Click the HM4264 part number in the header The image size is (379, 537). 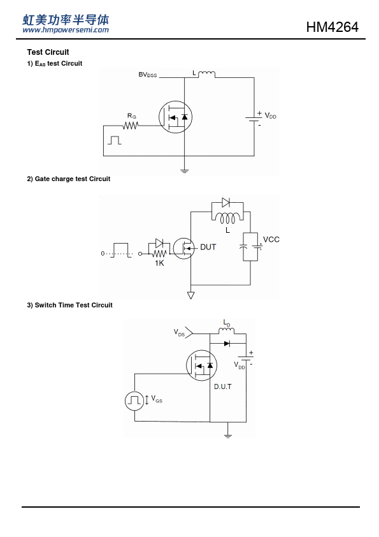pyautogui.click(x=332, y=27)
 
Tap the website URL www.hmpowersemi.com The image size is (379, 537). pyautogui.click(x=66, y=30)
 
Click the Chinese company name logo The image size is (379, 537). pyautogui.click(x=66, y=20)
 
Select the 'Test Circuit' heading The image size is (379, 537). pyautogui.click(x=48, y=52)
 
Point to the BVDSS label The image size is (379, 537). pyautogui.click(x=147, y=75)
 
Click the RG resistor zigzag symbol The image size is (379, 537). pyautogui.click(x=131, y=126)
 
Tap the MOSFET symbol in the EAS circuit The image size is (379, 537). pyautogui.click(x=175, y=117)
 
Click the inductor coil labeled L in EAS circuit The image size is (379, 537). pyautogui.click(x=206, y=73)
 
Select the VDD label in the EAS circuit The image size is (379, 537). pyautogui.click(x=271, y=116)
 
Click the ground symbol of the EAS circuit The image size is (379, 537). pyautogui.click(x=184, y=170)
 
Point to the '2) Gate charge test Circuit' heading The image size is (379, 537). pyautogui.click(x=68, y=179)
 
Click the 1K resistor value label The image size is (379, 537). pyautogui.click(x=159, y=263)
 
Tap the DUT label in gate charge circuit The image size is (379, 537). pyautogui.click(x=208, y=247)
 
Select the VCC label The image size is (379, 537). pyautogui.click(x=271, y=239)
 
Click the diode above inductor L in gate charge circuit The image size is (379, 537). pyautogui.click(x=225, y=202)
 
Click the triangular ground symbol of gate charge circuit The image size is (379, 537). pyautogui.click(x=191, y=295)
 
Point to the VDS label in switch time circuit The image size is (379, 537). pyautogui.click(x=179, y=332)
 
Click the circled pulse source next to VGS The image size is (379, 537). pyautogui.click(x=134, y=401)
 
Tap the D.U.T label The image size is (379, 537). pyautogui.click(x=223, y=386)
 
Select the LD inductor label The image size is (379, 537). pyautogui.click(x=227, y=323)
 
